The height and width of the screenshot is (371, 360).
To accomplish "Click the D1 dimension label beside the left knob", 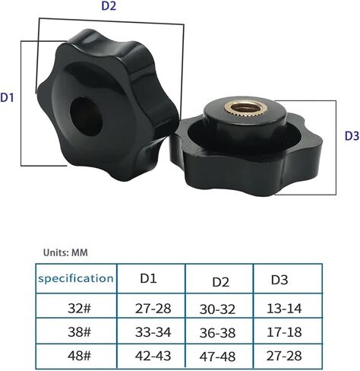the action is pos(7,97).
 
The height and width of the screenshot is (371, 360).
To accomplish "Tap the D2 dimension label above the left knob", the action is pos(109,6).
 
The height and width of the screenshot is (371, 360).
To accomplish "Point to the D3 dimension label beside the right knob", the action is pos(352,136).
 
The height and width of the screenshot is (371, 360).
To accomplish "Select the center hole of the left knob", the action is pos(86,116).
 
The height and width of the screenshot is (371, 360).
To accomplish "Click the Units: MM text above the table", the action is pos(65,252).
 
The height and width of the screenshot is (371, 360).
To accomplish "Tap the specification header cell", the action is pos(76,278).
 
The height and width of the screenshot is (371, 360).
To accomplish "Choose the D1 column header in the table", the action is pos(149,278).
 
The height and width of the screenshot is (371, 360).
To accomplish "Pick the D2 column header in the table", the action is pos(221,282).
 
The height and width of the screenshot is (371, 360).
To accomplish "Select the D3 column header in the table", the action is pos(279,280).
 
